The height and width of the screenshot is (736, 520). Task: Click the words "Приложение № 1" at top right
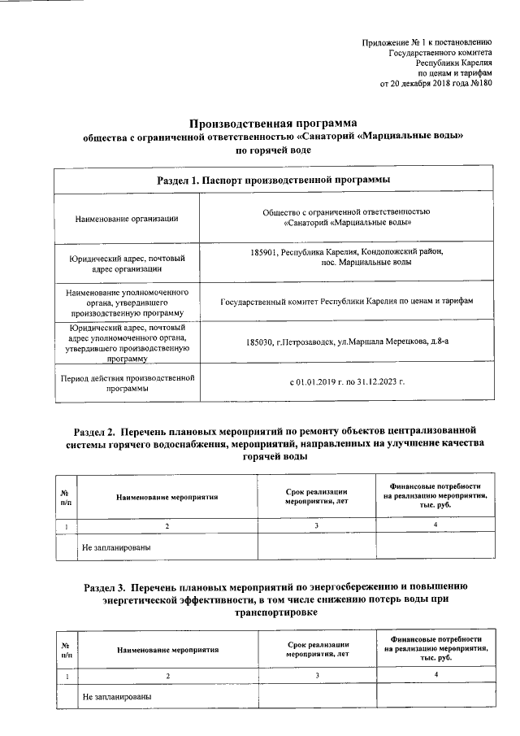(394, 41)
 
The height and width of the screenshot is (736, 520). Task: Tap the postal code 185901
(266, 253)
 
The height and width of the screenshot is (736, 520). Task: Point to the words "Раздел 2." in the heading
(98, 428)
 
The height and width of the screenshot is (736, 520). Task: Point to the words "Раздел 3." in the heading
(109, 586)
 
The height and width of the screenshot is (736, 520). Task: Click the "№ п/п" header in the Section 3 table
(65, 651)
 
